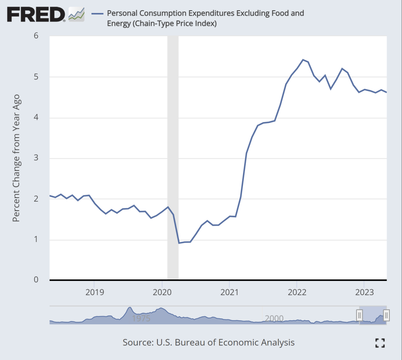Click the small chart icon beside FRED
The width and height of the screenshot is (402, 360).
[x=77, y=15]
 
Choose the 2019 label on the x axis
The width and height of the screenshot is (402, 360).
[x=94, y=292]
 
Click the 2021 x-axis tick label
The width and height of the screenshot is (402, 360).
[x=229, y=292]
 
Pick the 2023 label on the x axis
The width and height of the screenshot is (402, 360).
[x=364, y=292]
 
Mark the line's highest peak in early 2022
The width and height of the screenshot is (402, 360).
[x=303, y=60]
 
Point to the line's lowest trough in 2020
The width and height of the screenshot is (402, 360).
[x=179, y=243]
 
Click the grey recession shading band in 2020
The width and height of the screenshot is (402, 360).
[x=173, y=157]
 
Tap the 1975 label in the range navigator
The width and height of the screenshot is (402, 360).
[x=141, y=318]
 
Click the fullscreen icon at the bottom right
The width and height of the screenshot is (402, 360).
[x=380, y=343]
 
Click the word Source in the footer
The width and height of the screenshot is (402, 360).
[x=136, y=342]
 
